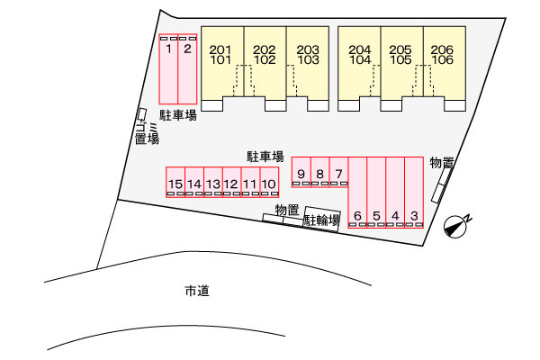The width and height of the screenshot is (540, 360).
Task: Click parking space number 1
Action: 168,69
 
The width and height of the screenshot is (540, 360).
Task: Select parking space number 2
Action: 187,69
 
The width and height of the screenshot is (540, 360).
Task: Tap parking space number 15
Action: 175,182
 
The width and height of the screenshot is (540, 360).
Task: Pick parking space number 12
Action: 232,182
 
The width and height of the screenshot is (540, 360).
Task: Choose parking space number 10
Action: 269,182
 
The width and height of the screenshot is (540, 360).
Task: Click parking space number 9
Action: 301,172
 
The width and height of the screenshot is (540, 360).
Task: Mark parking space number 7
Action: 339,172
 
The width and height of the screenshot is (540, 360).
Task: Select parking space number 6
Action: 357,193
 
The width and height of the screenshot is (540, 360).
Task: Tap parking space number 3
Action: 414,193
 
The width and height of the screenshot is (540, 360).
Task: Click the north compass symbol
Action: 455,227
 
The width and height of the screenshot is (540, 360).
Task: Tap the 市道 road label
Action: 197,291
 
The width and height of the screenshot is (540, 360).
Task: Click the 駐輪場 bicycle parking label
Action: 321,220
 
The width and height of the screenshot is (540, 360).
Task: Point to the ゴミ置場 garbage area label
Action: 147,133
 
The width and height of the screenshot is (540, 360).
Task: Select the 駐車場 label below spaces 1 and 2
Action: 178,115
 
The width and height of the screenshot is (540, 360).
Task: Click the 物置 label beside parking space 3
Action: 442,163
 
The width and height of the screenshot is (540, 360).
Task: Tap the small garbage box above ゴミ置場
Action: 142,114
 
